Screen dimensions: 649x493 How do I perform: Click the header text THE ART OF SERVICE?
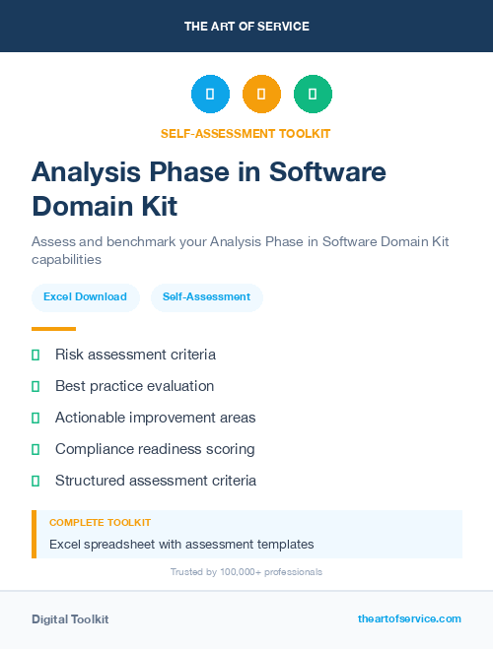point(246,27)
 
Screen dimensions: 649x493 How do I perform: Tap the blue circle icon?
point(210,95)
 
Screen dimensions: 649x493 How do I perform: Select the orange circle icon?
point(261,95)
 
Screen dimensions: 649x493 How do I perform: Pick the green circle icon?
point(313,95)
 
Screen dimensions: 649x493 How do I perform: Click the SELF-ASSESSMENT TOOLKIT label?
point(246,133)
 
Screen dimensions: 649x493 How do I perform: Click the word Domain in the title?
point(77,206)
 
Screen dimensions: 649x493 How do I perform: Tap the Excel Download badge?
point(85,296)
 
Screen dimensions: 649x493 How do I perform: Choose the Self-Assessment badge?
point(206,296)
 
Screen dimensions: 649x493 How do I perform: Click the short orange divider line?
point(53,329)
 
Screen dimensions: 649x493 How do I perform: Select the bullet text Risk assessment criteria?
point(135,355)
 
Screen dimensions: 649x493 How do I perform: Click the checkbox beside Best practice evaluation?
point(35,386)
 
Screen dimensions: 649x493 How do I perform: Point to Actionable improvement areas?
point(155,418)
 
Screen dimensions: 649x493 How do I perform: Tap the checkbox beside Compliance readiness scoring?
point(35,449)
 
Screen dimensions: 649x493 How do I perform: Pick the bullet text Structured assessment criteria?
point(156,481)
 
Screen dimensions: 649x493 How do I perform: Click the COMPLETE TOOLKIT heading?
point(100,523)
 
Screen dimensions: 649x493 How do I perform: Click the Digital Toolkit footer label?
point(70,619)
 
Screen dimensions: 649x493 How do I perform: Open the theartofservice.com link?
point(409,618)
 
